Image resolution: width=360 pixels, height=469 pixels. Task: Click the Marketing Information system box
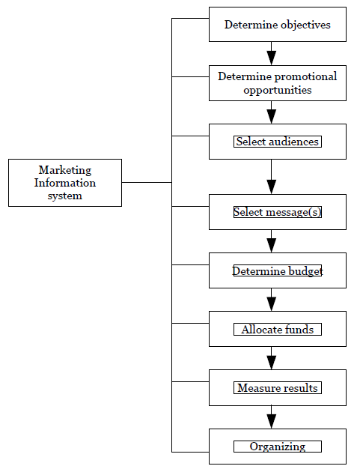click(x=65, y=183)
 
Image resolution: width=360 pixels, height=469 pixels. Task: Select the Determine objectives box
click(x=278, y=25)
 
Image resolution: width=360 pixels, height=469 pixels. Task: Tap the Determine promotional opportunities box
click(x=278, y=83)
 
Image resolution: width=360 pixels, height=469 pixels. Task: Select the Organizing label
click(x=278, y=447)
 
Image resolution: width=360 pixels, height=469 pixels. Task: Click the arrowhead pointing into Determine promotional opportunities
click(x=271, y=58)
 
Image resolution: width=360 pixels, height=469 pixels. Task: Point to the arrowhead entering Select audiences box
click(x=271, y=116)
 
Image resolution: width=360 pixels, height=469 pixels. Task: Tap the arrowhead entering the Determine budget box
click(x=271, y=245)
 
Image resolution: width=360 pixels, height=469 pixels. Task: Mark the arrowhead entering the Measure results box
click(x=271, y=362)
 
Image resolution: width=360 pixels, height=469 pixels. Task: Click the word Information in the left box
click(x=65, y=183)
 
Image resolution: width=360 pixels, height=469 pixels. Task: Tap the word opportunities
click(x=278, y=90)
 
